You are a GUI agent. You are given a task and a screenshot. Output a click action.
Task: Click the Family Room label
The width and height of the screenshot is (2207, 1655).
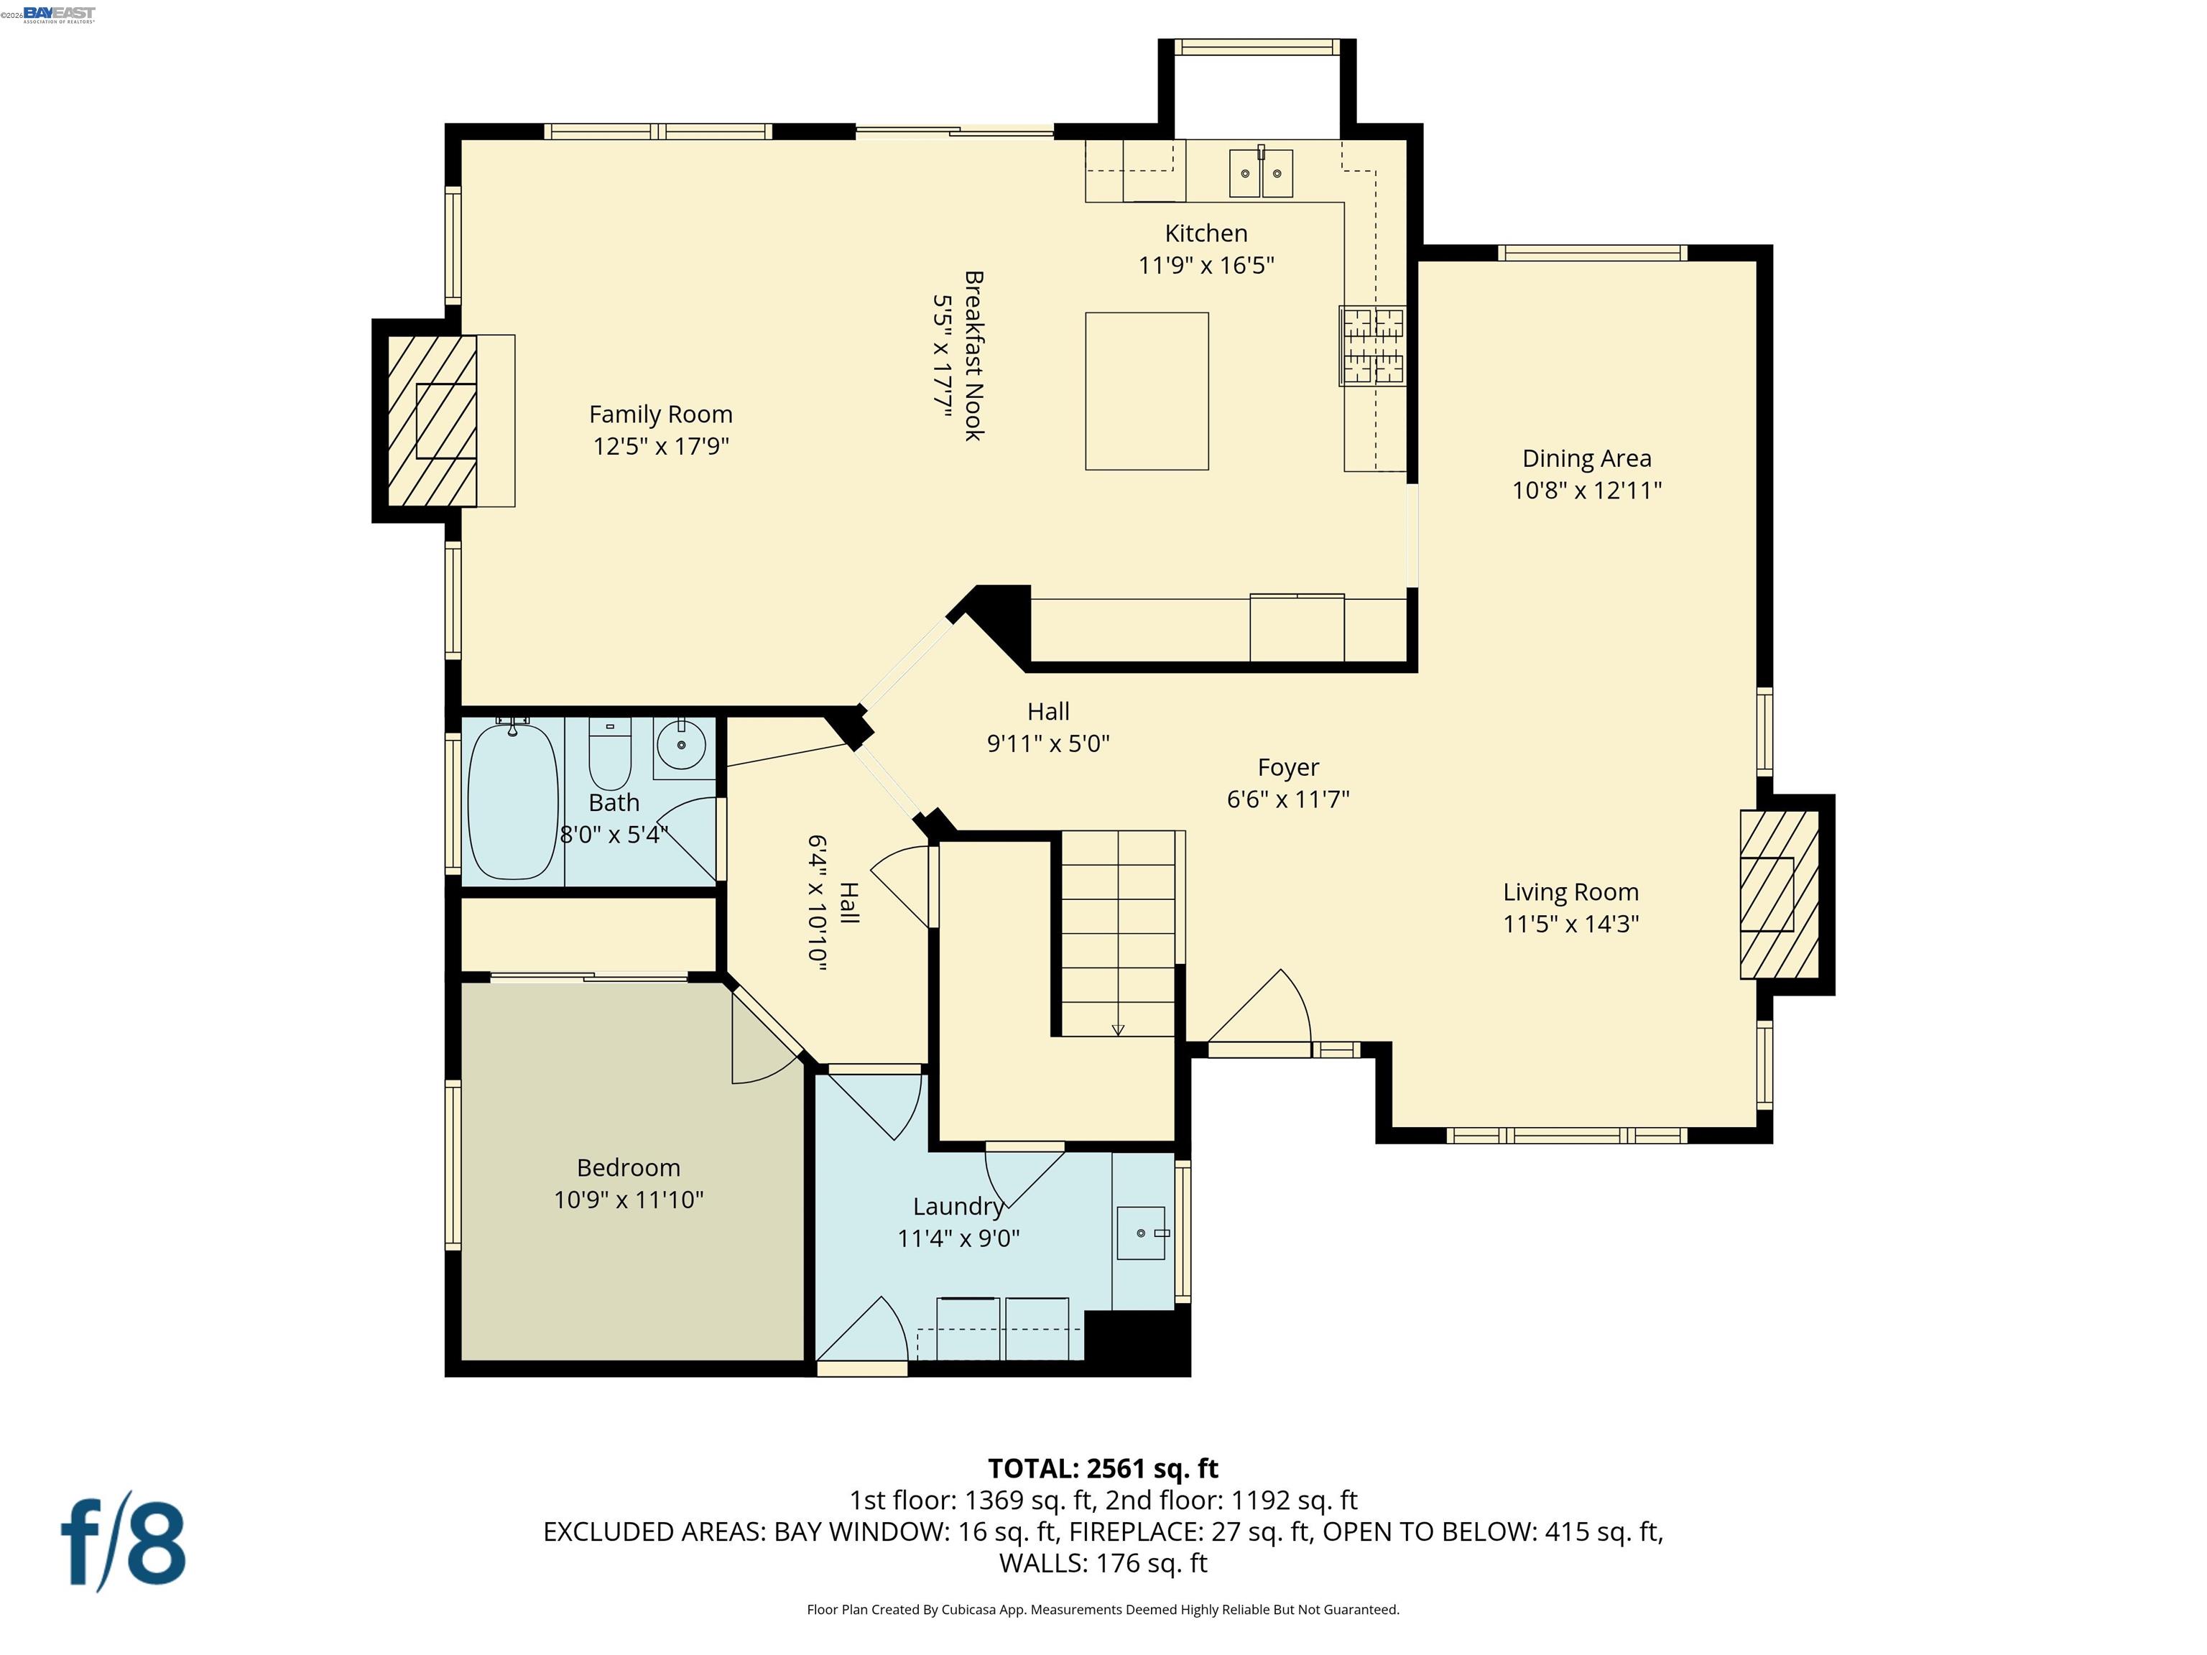tap(660, 414)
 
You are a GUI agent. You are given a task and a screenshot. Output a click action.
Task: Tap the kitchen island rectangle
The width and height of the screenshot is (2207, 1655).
tap(1147, 391)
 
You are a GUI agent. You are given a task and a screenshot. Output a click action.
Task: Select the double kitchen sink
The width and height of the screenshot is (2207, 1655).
tap(1260, 174)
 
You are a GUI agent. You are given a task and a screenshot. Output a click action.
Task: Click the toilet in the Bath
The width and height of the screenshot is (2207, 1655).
tap(610, 754)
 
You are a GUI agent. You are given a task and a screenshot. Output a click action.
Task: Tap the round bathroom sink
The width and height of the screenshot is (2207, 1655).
tap(682, 745)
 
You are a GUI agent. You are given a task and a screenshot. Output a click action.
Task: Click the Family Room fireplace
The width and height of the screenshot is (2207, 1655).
tap(432, 421)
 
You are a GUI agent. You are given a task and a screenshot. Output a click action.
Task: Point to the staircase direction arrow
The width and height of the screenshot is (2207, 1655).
tap(1117, 1029)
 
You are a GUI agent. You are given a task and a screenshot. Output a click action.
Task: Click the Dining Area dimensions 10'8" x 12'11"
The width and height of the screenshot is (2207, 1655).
tap(1586, 490)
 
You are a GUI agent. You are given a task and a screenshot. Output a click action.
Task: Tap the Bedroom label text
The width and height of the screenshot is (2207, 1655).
tap(629, 1167)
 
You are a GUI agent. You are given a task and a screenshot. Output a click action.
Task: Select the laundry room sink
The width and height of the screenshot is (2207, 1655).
tap(1140, 1233)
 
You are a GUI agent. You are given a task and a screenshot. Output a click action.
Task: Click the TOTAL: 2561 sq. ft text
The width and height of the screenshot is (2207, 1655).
tap(1103, 1468)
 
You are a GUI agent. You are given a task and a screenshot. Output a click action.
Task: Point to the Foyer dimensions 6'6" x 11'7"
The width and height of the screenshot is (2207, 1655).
tap(1288, 799)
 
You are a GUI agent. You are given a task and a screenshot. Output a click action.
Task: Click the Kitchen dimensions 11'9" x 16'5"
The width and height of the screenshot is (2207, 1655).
tap(1206, 265)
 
